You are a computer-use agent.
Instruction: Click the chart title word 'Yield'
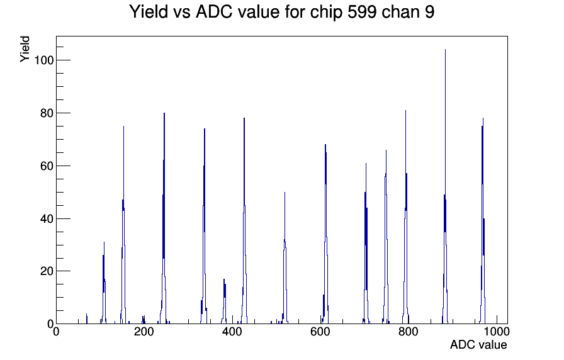(x=149, y=11)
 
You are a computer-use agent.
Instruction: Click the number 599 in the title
(x=362, y=11)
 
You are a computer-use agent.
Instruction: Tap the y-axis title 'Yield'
(x=25, y=49)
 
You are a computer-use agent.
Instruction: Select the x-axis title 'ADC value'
(x=478, y=345)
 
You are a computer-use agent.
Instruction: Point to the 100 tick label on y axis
(x=43, y=60)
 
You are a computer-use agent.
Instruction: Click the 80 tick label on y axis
(x=47, y=113)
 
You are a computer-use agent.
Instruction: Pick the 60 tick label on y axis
(x=47, y=166)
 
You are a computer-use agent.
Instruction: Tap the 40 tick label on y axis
(x=47, y=218)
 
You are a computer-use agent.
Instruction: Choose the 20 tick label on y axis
(x=47, y=271)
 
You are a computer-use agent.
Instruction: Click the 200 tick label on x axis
(x=144, y=332)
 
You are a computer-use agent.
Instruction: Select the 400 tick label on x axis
(x=232, y=332)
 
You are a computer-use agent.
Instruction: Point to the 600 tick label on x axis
(x=320, y=332)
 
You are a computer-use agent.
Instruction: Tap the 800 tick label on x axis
(x=409, y=332)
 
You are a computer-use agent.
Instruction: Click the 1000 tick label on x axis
(x=497, y=332)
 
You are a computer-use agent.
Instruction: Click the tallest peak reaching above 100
(x=445, y=187)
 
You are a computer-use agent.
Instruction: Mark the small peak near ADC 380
(x=224, y=301)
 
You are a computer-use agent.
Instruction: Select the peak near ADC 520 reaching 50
(x=285, y=258)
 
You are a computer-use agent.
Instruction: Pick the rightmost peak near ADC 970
(x=482, y=221)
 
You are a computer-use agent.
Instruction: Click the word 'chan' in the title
(x=400, y=11)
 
